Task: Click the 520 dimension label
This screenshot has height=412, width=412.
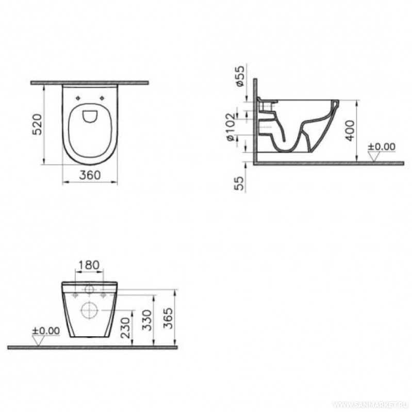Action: pos(37,124)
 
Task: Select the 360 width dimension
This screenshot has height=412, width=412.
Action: pos(90,175)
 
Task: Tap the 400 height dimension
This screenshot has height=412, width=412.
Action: pos(350,130)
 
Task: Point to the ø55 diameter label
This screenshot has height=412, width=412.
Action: pos(240,76)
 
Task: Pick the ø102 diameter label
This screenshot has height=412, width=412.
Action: pos(231,127)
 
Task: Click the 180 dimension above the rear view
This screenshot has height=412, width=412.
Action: pos(89,265)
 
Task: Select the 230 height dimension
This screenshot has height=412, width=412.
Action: pos(126,327)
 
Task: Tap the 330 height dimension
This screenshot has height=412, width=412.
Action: pos(147,320)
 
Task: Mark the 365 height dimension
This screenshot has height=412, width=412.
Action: pos(168,318)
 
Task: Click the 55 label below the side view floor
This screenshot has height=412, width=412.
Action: pos(239,183)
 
